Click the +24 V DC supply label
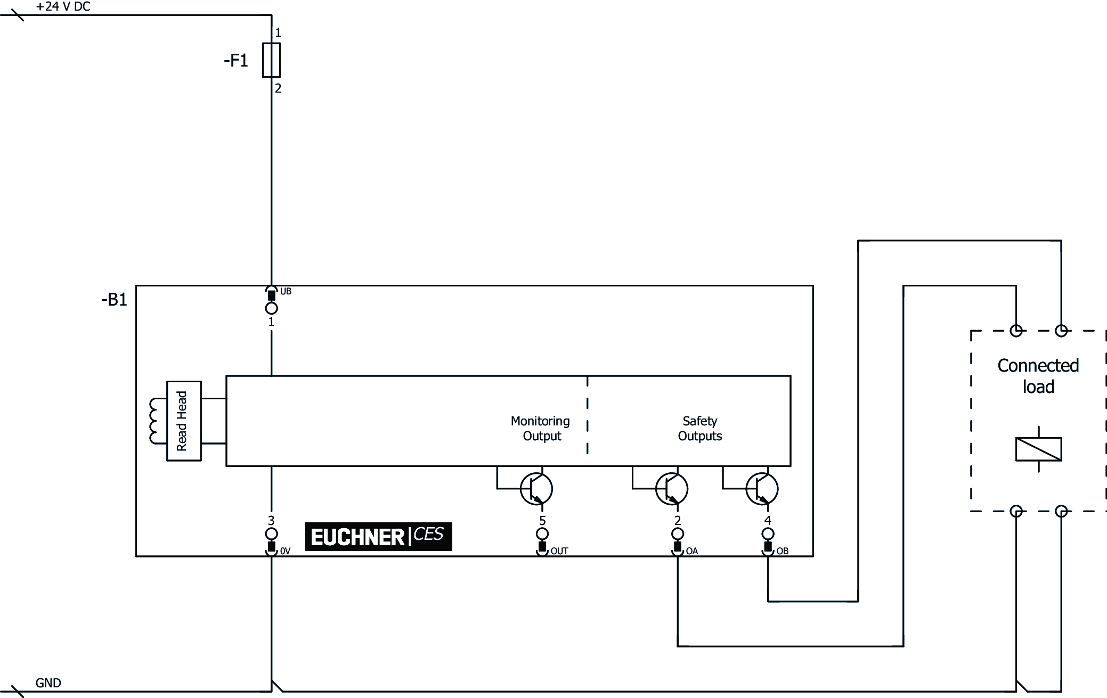coord(63,7)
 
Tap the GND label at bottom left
coord(48,683)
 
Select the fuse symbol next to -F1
coord(271,60)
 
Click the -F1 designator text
coord(236,61)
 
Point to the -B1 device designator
coord(114,300)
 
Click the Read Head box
coord(183,421)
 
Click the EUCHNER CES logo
coord(378,536)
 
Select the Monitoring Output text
coord(541,429)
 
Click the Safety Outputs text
coord(699,429)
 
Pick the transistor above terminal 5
coord(536,489)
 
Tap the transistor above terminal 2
coord(671,489)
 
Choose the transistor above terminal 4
coord(762,489)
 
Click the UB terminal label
coord(286,291)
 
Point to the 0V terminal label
coord(285,551)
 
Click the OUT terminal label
coord(559,551)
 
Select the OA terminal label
coord(691,551)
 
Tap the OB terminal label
coord(782,551)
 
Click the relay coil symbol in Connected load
coord(1038,449)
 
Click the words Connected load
coord(1038,376)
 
